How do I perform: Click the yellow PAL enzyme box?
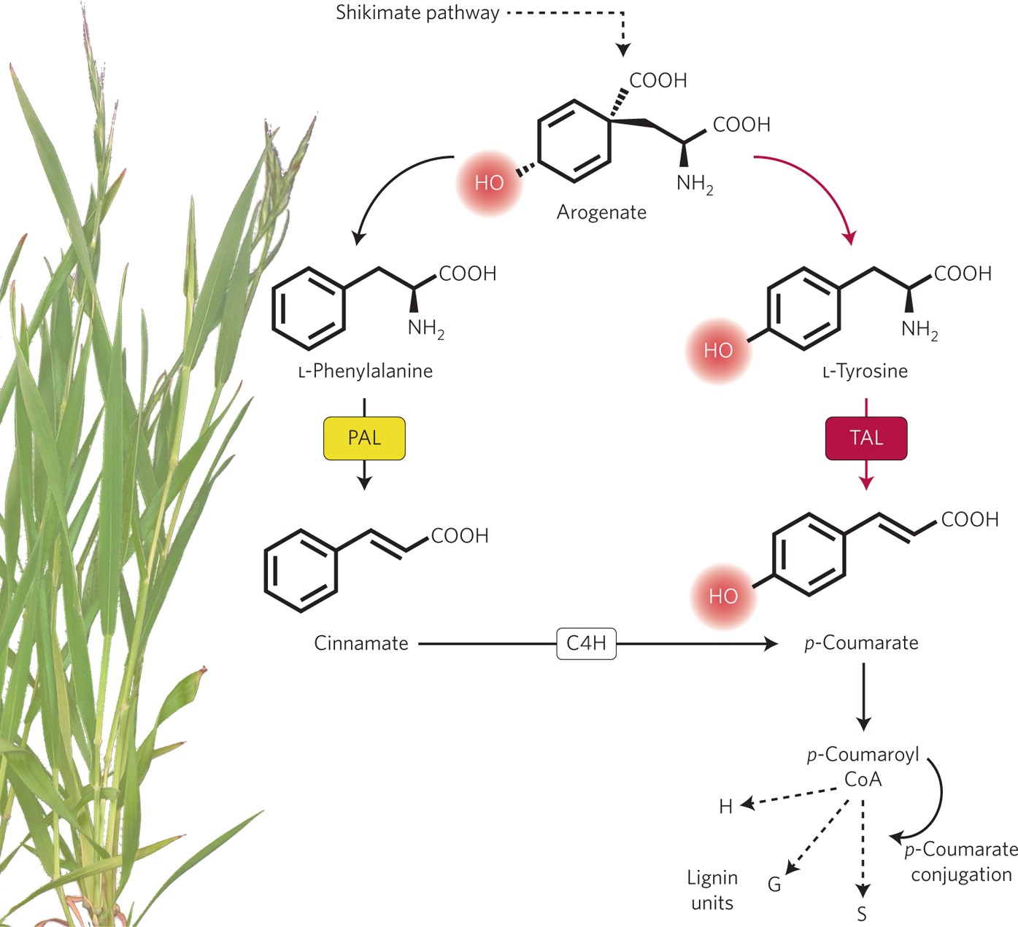tap(364, 438)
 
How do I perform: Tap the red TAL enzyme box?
tap(866, 438)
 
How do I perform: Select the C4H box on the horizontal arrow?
tap(587, 643)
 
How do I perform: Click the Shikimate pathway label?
tap(417, 13)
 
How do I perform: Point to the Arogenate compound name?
tap(601, 212)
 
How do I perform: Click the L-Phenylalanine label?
tap(366, 371)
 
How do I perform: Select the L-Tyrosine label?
tap(865, 371)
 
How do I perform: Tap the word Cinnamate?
tap(360, 643)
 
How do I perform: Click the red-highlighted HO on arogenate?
tap(489, 183)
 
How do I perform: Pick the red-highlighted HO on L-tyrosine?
tap(718, 351)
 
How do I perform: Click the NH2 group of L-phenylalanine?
tap(425, 329)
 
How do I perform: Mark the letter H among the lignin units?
tap(725, 807)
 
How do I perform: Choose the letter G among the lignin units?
tap(774, 885)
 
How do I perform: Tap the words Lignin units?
tap(712, 891)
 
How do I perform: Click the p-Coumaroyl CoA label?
tap(863, 767)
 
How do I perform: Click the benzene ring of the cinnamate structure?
tap(301, 571)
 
